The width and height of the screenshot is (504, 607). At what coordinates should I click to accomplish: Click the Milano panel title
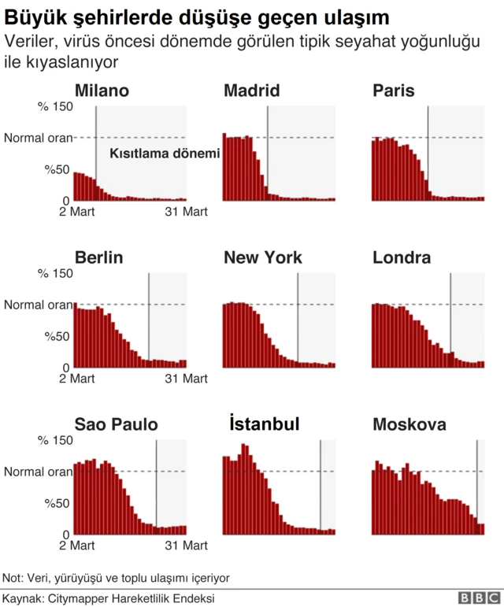[102, 91]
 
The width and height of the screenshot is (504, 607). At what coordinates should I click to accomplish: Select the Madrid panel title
[251, 91]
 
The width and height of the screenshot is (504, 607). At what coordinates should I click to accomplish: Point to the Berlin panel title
[98, 258]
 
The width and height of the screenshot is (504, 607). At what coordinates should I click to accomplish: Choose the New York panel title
[263, 258]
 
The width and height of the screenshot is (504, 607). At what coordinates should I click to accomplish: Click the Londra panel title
[402, 258]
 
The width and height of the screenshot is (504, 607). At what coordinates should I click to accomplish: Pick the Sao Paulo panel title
[116, 425]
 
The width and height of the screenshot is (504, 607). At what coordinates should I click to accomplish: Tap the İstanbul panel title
[263, 425]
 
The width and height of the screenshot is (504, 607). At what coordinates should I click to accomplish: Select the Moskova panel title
[409, 425]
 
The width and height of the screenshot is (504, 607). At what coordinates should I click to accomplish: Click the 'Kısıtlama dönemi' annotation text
[164, 154]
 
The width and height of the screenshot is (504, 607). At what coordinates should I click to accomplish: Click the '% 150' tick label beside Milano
[56, 106]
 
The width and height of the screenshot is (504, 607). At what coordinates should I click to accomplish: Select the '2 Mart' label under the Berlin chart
[77, 379]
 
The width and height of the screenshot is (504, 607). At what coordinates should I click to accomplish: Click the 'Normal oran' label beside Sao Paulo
[37, 472]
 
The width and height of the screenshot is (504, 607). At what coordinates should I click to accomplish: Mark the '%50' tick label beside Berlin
[58, 336]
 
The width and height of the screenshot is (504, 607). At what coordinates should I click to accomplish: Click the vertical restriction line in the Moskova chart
[477, 480]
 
